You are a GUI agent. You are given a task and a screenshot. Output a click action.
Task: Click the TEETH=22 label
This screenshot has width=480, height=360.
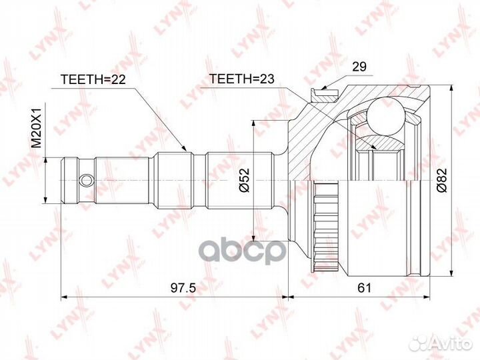(93, 79)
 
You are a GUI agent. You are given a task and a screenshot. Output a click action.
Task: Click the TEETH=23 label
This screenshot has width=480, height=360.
(241, 79)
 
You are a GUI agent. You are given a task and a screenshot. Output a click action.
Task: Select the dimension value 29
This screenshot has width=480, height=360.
(359, 67)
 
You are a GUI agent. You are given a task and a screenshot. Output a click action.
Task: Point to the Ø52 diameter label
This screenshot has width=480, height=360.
(245, 180)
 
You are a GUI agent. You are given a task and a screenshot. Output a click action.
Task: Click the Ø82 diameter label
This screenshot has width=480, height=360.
(442, 180)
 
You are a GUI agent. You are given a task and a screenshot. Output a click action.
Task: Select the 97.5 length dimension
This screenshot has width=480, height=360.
(183, 288)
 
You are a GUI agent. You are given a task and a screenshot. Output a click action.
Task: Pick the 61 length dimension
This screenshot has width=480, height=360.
(364, 288)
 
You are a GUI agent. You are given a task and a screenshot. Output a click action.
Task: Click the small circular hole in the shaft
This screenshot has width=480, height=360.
(86, 180)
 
